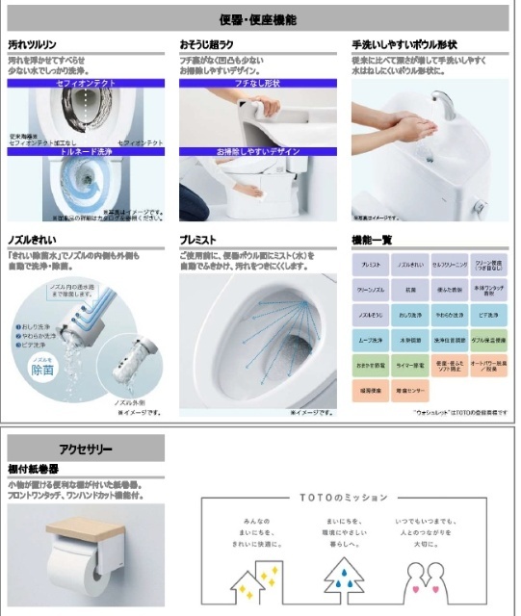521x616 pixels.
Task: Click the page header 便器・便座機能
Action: click(x=257, y=19)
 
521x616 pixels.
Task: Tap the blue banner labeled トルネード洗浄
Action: click(x=87, y=152)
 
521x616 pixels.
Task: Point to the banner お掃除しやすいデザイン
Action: click(x=257, y=152)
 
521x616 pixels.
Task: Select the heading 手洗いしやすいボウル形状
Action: click(x=404, y=44)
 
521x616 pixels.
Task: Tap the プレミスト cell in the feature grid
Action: click(x=371, y=265)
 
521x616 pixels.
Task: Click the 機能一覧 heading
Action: click(x=375, y=240)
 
